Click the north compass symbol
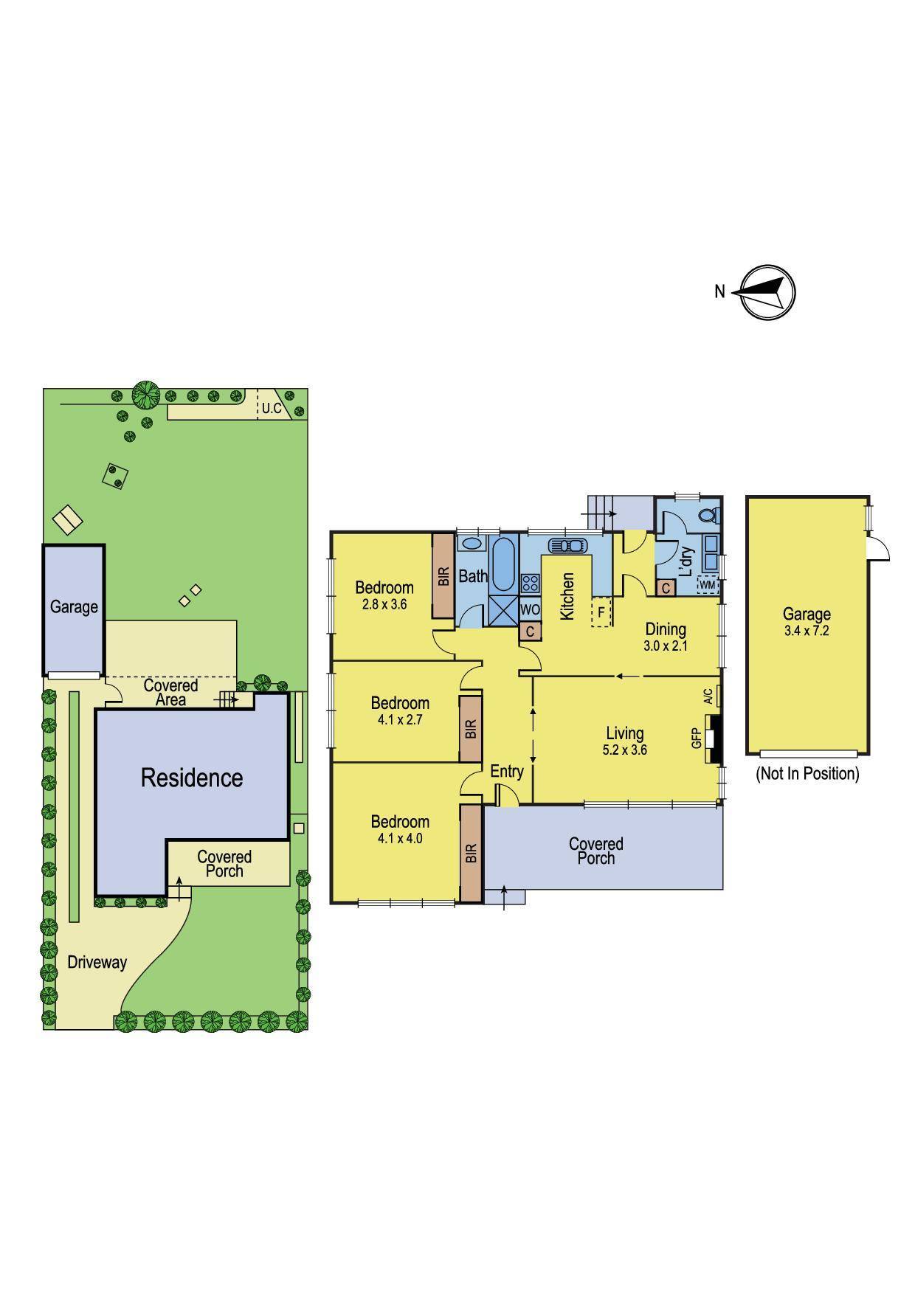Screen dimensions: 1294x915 [767, 292]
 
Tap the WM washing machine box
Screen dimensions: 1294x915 [708, 584]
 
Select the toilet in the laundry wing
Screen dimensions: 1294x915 [709, 515]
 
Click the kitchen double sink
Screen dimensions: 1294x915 [567, 546]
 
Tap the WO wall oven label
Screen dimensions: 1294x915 [530, 610]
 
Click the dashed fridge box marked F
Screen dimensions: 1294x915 [601, 612]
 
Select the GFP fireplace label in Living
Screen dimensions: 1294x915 [696, 738]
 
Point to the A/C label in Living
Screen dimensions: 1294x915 [708, 696]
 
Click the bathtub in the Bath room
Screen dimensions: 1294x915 [504, 564]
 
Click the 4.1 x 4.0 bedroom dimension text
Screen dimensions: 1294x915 [400, 838]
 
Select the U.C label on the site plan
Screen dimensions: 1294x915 [272, 408]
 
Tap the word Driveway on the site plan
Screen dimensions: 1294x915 [97, 962]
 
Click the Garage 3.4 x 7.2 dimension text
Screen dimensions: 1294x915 [807, 631]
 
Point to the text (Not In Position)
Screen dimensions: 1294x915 [807, 774]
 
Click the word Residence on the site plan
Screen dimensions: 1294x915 [192, 778]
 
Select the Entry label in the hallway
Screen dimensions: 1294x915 [507, 771]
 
